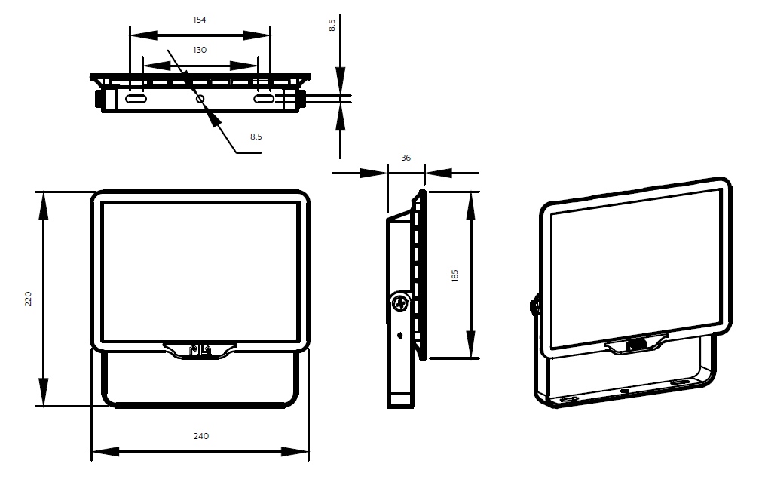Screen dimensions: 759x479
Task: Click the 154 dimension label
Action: point(200,20)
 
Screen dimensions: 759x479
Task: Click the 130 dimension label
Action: point(200,50)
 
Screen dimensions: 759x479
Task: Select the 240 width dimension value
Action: point(201,436)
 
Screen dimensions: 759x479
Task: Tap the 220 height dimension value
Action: point(28,299)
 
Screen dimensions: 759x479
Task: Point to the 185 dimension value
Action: point(454,276)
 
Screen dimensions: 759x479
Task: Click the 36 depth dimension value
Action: point(406,158)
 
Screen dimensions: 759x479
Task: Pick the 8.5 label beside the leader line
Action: point(256,137)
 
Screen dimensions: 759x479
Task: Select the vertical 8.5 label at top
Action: point(332,25)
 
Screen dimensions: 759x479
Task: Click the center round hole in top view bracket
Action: point(200,99)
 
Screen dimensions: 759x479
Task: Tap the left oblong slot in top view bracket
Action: point(136,99)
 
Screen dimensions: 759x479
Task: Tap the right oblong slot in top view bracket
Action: point(265,99)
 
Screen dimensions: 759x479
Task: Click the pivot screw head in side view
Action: point(400,304)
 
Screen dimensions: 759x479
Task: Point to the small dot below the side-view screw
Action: point(399,335)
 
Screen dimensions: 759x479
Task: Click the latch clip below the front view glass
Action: point(200,350)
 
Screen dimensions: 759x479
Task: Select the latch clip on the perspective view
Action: point(636,345)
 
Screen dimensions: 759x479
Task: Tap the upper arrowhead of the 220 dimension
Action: point(44,204)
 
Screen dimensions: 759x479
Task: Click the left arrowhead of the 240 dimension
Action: point(105,452)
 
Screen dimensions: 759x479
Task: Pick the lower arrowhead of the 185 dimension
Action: point(470,345)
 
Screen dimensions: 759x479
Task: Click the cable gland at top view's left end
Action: point(99,98)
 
